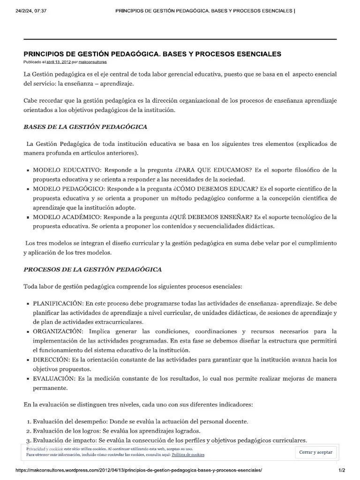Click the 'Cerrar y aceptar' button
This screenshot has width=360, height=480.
316,452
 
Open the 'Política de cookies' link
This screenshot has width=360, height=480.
187,455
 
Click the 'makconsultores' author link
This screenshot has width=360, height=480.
92,62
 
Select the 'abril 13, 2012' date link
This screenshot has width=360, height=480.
58,62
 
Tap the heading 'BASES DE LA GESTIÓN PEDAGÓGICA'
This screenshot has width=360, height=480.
85,127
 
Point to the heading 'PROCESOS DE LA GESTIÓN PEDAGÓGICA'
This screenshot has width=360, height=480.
93,270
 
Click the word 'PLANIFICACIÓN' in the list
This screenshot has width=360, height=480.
58,303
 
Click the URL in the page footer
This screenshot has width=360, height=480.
139,470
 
